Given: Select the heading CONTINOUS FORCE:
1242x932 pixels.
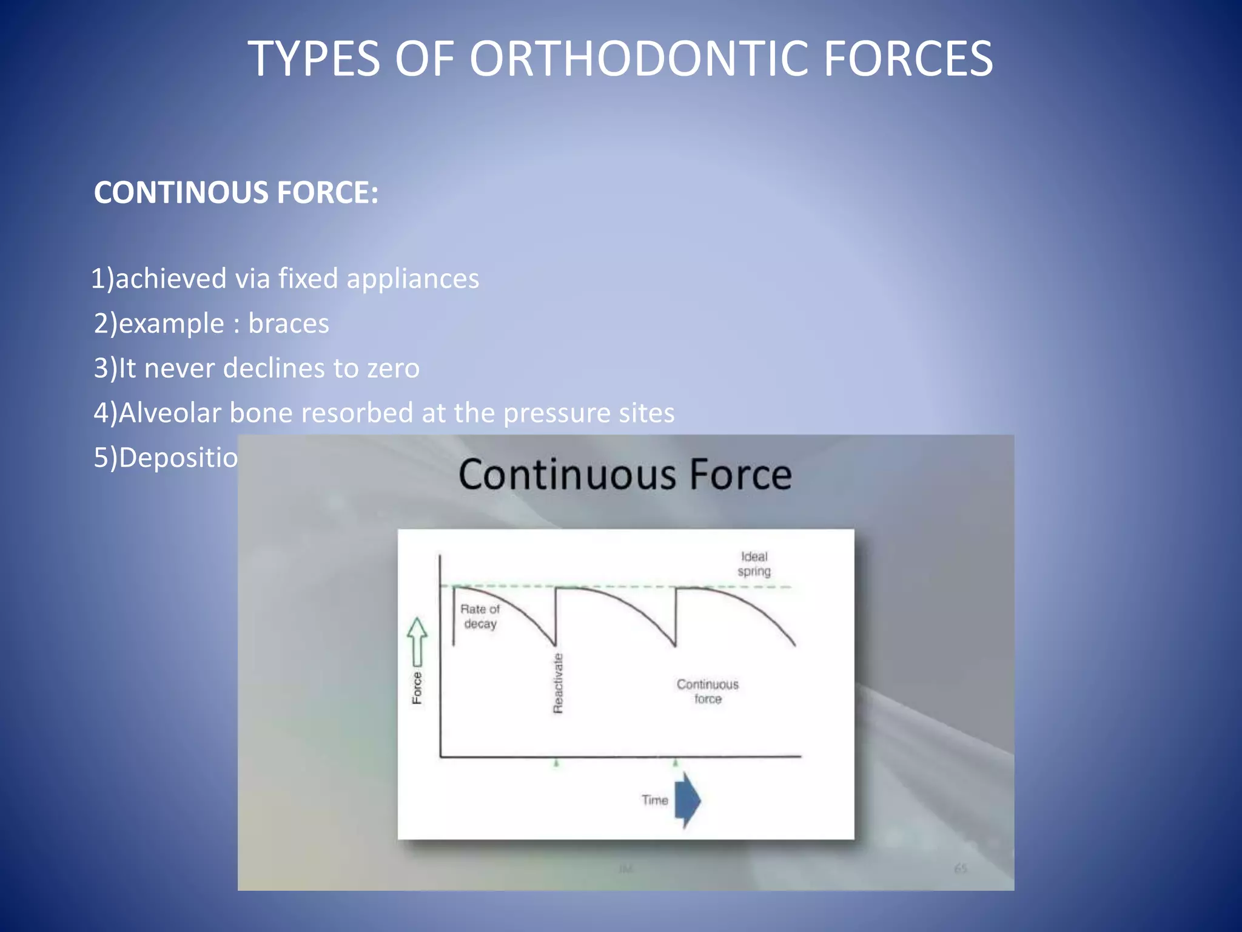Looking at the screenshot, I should (236, 192).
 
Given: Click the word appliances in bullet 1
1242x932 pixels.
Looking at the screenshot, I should (412, 279).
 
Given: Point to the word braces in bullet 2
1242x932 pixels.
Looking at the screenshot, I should (289, 323).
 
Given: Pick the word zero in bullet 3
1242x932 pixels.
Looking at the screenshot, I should (393, 368).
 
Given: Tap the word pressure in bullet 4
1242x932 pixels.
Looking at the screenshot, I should (556, 413).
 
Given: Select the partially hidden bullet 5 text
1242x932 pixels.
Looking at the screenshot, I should (166, 458).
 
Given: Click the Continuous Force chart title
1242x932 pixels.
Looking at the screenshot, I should (625, 474).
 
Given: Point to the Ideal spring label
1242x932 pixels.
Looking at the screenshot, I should (754, 564).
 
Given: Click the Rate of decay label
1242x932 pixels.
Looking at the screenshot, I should (480, 616).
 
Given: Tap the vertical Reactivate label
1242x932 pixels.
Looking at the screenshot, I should (558, 683).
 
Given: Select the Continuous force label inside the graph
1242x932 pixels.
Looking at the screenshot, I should (707, 692).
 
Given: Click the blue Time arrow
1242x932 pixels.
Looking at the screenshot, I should (687, 800).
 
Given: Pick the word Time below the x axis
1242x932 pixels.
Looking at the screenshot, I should (654, 800).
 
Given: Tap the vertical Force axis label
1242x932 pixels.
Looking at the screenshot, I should (417, 688).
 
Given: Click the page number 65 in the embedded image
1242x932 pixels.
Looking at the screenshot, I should (960, 869).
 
